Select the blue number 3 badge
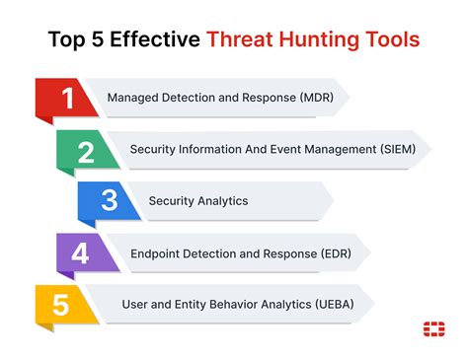coord(109,200)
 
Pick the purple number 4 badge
coord(79,252)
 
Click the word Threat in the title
coord(238,40)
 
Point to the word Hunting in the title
coord(316,40)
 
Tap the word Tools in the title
coord(390,40)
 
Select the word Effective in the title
coord(151,40)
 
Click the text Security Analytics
coord(197,200)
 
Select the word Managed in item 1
coord(131,98)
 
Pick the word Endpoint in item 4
coord(155,252)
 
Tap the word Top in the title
coord(67,40)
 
